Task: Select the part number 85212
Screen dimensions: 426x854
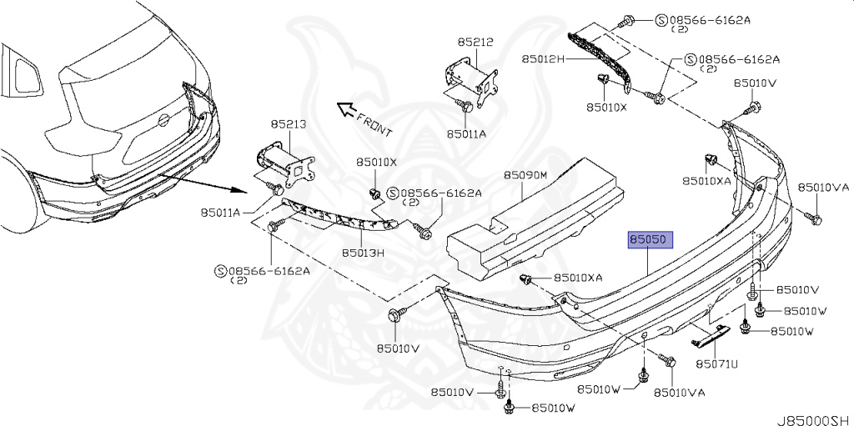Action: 475,40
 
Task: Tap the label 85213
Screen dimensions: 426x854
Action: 288,124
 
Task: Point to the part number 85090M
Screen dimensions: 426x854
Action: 525,176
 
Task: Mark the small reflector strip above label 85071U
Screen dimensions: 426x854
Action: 708,338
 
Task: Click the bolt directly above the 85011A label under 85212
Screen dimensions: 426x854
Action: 467,107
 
